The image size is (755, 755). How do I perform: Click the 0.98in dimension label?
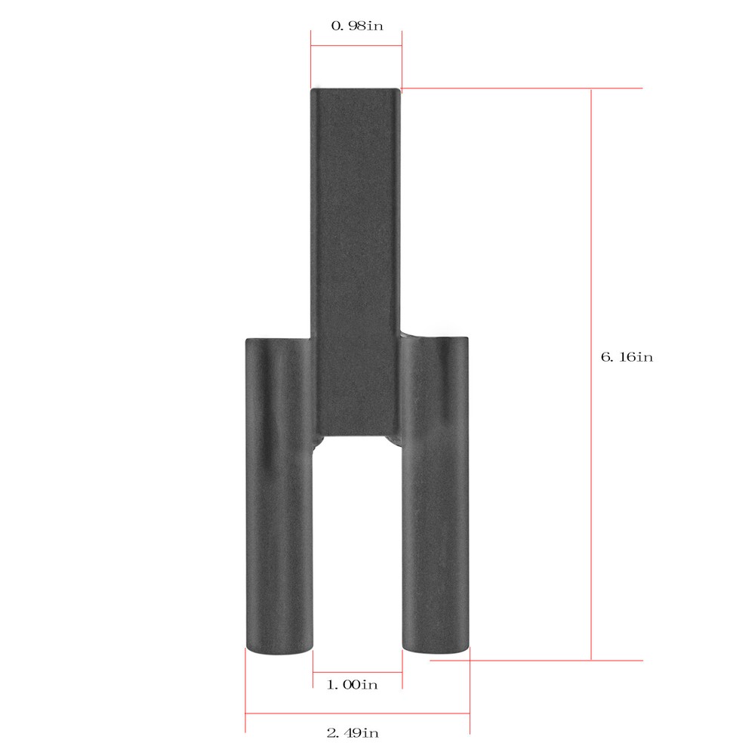point(357,26)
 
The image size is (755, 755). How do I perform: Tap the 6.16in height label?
point(627,357)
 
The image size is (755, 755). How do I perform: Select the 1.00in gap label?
point(353,684)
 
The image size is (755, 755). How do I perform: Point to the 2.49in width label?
point(353,733)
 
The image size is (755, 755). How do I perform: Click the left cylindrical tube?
point(279,496)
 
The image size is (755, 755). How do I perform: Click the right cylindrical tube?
point(435,495)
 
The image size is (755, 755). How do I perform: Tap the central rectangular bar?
point(356,263)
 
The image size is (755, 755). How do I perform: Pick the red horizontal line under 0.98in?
point(356,46)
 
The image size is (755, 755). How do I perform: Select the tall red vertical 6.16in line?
point(591,374)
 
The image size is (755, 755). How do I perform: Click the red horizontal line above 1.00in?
point(357,672)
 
